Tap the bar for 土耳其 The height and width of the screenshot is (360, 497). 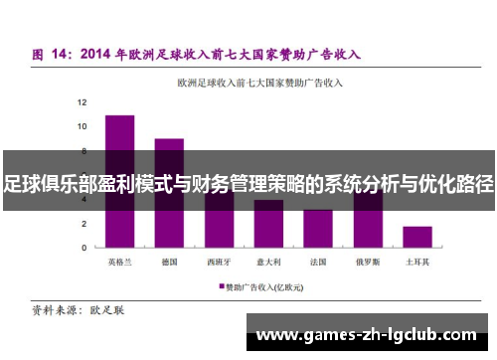click(417, 237)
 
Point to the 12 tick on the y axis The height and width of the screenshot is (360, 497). click(83, 102)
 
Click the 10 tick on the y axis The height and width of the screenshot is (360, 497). click(83, 126)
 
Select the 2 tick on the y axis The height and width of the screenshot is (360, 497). click(85, 223)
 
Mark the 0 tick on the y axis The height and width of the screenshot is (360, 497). click(85, 247)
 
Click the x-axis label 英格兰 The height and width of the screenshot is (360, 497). click(119, 262)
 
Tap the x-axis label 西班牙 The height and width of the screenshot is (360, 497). click(219, 262)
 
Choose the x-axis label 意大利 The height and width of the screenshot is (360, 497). click(268, 262)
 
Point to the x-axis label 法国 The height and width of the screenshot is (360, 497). click(318, 262)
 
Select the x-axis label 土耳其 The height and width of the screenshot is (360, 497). click(417, 262)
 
